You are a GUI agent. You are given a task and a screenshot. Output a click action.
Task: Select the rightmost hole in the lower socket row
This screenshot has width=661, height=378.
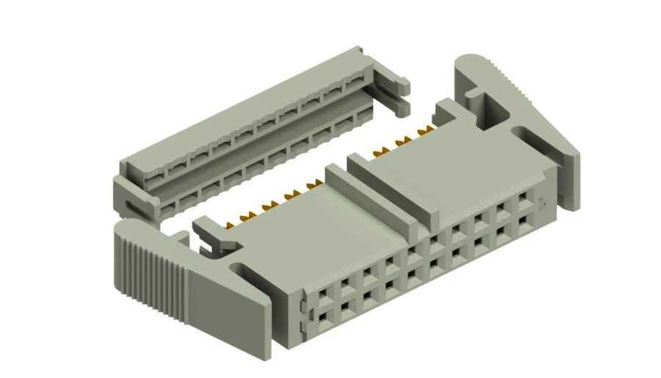click(524, 218)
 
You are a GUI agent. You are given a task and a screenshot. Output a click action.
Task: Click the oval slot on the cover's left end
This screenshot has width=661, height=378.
click(133, 206)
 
